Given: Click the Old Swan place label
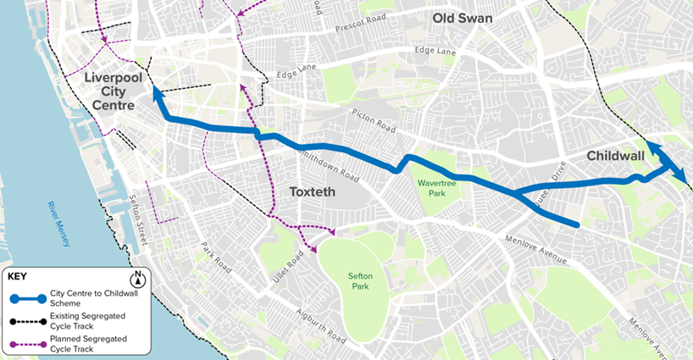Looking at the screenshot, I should pyautogui.click(x=462, y=18).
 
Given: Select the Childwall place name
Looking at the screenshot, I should pyautogui.click(x=614, y=156).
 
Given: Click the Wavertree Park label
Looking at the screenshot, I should pyautogui.click(x=437, y=188).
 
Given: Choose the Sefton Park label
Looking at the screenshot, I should pyautogui.click(x=366, y=281).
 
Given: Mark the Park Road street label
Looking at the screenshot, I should pyautogui.click(x=216, y=256).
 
